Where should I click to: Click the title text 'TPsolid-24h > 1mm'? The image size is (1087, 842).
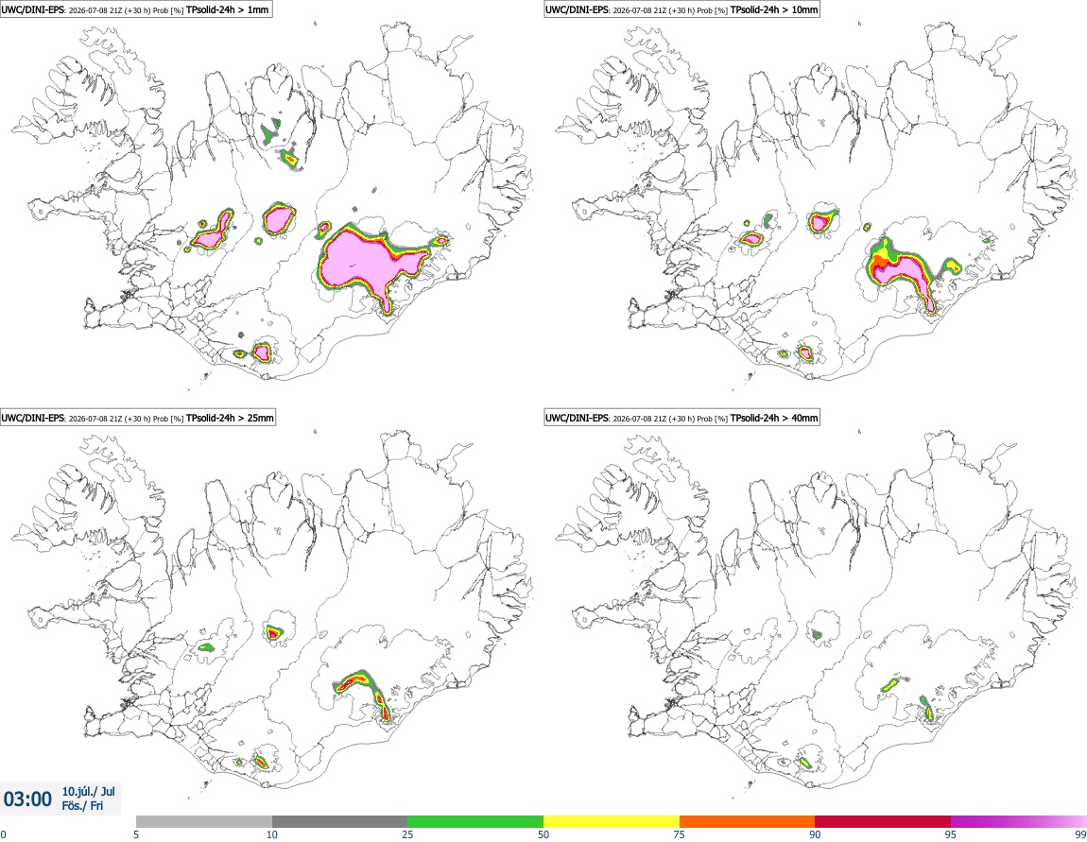point(228,9)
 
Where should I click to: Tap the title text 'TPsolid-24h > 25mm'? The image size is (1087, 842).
point(230,418)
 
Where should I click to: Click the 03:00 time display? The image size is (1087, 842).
point(27,799)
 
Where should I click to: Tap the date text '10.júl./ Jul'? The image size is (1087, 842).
point(89,791)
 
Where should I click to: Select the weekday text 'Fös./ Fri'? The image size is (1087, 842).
point(82,806)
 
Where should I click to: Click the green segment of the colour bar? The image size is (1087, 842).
point(475,821)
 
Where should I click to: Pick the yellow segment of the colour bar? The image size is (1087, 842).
point(612,821)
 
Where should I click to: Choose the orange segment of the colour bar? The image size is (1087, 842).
point(748,821)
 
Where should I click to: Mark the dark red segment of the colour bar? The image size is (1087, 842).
point(883,821)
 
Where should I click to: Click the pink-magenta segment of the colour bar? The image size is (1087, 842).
point(1019,821)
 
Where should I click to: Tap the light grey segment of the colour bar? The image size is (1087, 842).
point(204,821)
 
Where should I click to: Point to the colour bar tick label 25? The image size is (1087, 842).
point(407,835)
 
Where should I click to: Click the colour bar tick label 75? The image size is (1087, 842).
point(680,835)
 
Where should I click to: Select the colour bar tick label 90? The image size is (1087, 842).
point(815,835)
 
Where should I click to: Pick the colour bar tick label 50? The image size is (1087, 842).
point(543,835)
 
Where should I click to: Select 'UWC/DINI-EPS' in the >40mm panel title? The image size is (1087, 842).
point(577,418)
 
